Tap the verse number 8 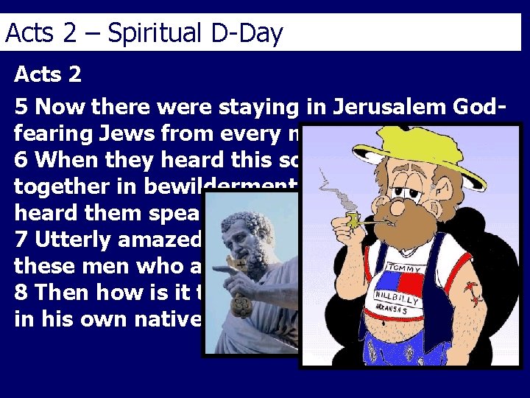pyautogui.click(x=22, y=293)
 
